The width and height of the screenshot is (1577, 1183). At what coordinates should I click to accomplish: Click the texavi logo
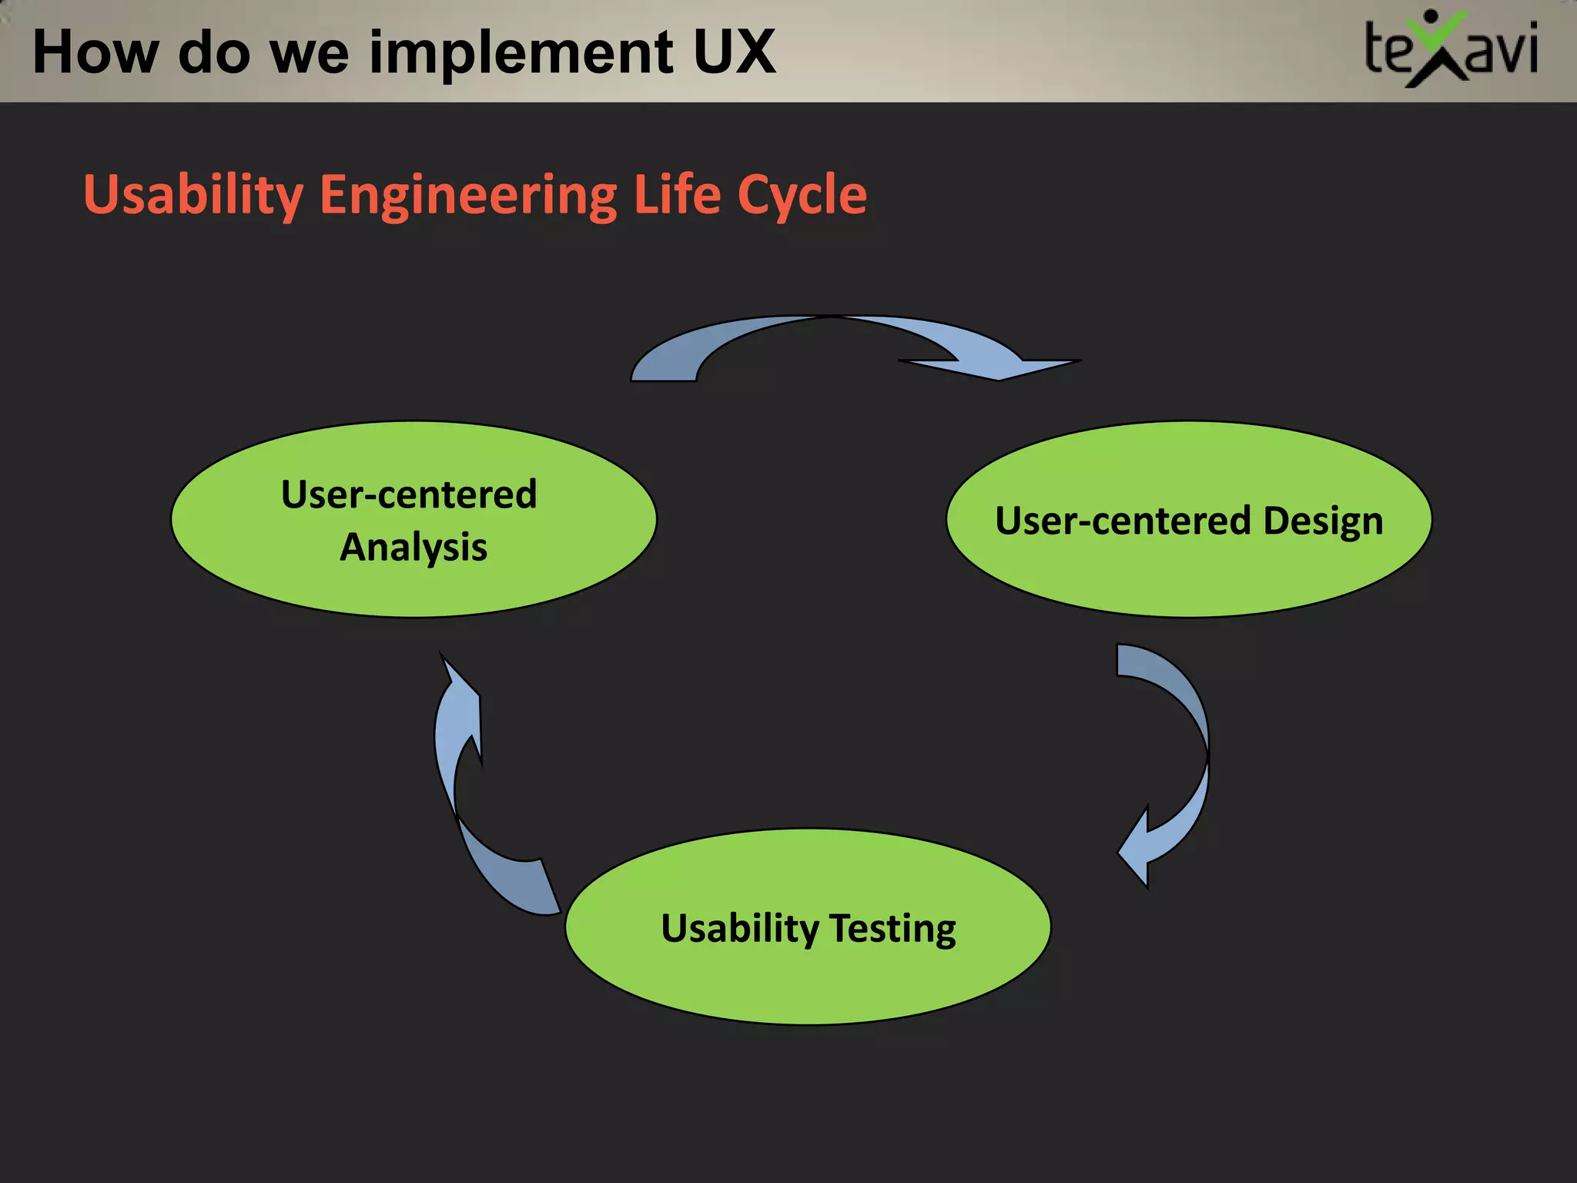pyautogui.click(x=1451, y=50)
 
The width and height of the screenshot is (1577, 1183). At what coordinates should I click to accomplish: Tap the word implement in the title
pyautogui.click(x=521, y=52)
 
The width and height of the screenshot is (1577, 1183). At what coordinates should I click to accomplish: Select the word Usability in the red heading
pyautogui.click(x=193, y=195)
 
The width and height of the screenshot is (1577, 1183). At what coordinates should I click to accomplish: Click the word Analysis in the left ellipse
pyautogui.click(x=414, y=548)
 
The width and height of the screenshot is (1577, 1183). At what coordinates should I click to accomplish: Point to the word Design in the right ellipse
pyautogui.click(x=1322, y=521)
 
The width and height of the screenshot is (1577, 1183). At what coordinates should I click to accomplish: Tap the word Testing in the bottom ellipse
pyautogui.click(x=892, y=928)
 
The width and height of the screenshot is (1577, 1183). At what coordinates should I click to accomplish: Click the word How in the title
pyautogui.click(x=94, y=52)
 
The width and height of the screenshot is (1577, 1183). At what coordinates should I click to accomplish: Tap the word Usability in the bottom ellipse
pyautogui.click(x=739, y=928)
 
